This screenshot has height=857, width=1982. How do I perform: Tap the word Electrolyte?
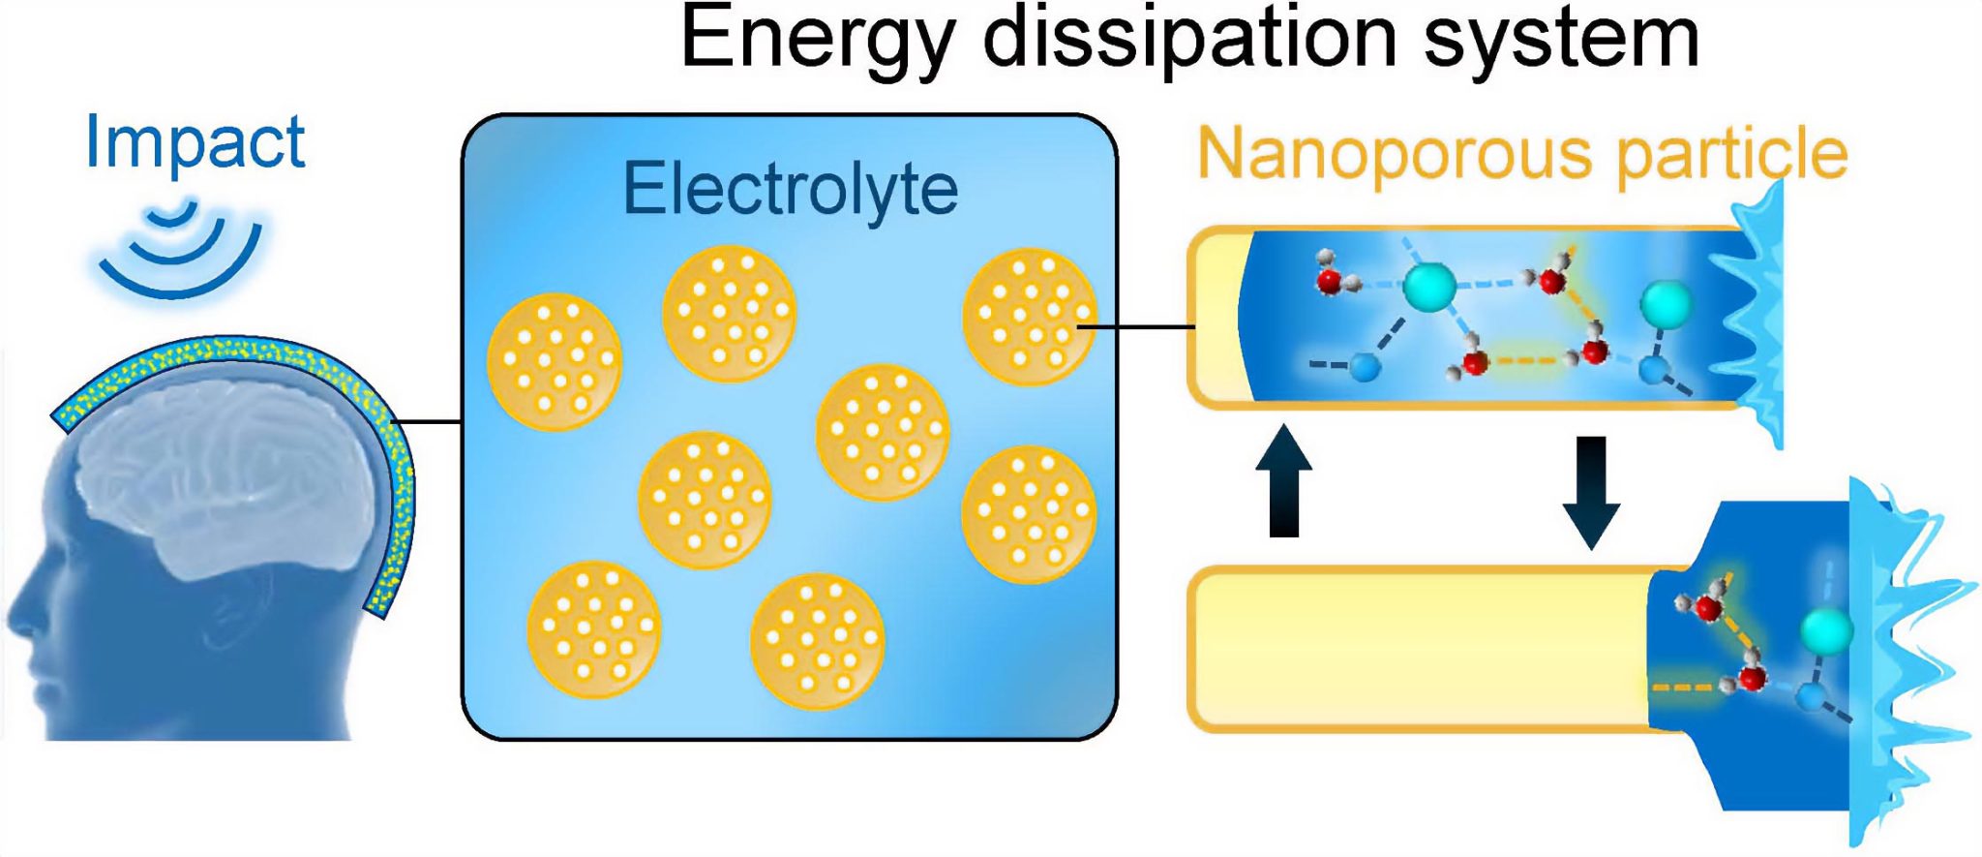790,189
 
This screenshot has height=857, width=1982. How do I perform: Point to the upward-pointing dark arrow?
1283,481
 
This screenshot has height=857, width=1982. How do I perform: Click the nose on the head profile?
17,620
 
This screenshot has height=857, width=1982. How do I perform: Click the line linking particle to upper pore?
1137,327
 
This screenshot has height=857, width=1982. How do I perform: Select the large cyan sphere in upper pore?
1428,287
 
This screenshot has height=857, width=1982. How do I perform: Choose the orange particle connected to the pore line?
1030,317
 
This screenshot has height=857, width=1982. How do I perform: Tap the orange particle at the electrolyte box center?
882,431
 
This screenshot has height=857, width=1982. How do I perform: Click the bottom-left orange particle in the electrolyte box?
593,628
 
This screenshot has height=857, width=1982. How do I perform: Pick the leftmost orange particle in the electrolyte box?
554,361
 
